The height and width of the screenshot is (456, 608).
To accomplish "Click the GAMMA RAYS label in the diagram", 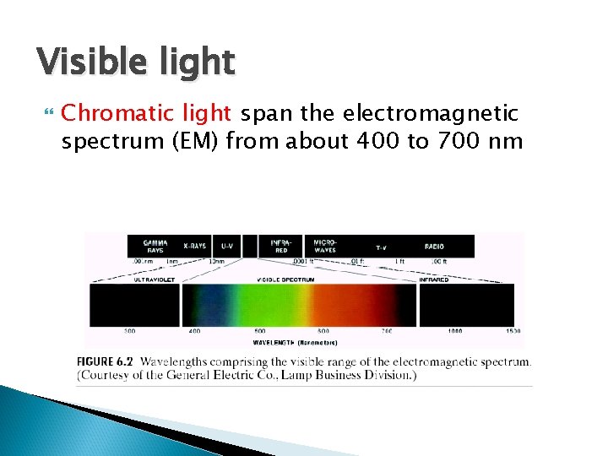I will coord(155,245).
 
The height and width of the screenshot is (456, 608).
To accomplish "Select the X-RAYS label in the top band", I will coord(194,246).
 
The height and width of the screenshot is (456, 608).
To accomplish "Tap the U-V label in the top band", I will coord(227,246).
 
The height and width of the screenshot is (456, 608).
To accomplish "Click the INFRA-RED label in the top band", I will coord(281,245).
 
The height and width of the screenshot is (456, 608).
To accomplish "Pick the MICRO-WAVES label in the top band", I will coord(324,245).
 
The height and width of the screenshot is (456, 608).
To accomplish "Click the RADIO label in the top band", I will coord(434,246).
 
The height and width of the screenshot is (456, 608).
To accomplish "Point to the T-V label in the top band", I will coord(381,247).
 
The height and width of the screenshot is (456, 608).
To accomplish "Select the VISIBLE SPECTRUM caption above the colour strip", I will coord(286,279).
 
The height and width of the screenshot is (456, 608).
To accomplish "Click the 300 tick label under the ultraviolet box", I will coord(130,331).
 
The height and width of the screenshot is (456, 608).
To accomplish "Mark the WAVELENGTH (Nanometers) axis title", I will coord(295,342).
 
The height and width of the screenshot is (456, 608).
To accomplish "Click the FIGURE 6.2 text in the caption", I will coord(107,361).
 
